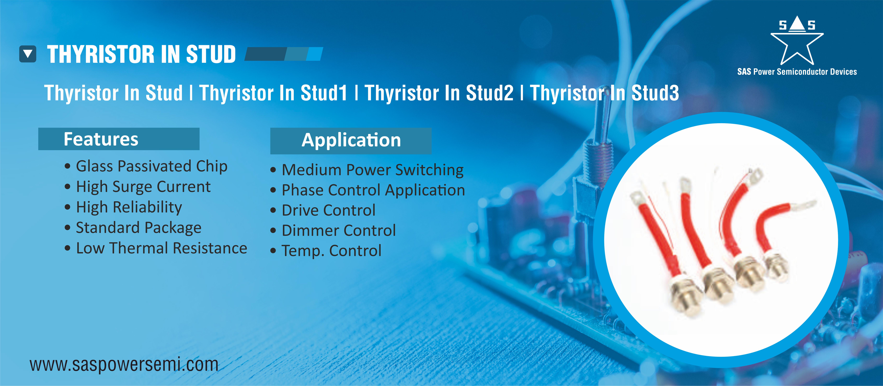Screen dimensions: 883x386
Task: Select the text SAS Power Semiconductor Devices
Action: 797,72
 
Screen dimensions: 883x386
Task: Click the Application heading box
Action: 351,141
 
